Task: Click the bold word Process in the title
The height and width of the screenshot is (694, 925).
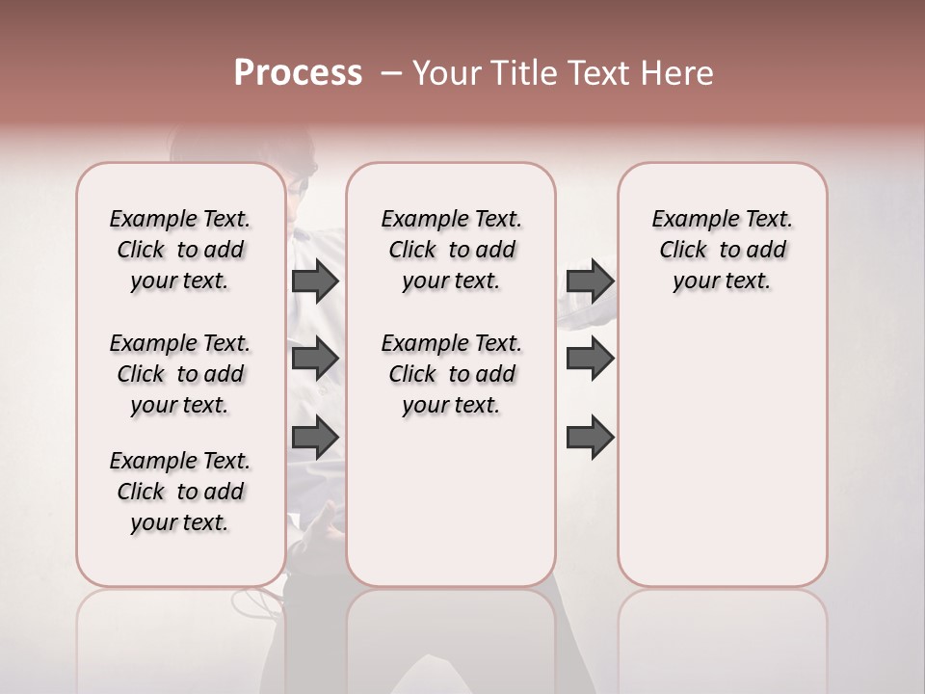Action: point(298,73)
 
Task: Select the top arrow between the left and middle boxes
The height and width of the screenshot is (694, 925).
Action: point(315,280)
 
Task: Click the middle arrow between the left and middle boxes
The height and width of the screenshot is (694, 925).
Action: point(315,359)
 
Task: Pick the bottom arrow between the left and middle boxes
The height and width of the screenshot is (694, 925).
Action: point(315,438)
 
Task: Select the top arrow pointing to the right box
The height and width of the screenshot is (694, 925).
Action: point(590,280)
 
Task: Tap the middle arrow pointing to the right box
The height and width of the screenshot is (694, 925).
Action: point(590,359)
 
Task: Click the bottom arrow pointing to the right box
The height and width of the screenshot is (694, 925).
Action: point(590,438)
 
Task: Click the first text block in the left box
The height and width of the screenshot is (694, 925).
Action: point(180,250)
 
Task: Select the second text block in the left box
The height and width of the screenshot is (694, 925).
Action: point(180,374)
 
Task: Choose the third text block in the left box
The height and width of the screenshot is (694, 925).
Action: point(180,492)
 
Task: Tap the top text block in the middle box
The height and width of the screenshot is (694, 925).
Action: point(451,250)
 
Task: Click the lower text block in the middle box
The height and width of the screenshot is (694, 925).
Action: point(451,374)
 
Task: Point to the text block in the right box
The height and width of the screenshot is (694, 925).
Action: point(722,250)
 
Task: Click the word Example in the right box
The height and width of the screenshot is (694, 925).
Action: point(688,220)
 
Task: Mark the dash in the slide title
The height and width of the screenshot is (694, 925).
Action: point(391,73)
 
